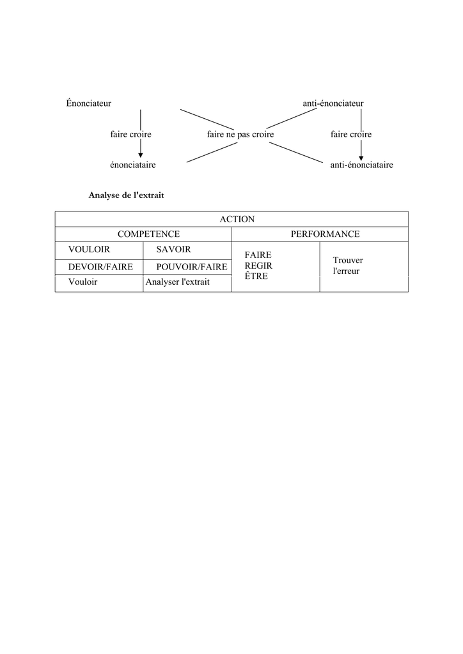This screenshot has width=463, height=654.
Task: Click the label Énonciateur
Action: pos(88,103)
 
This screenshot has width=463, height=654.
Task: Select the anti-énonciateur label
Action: pos(333,103)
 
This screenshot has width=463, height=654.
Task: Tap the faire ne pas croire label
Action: pos(240,134)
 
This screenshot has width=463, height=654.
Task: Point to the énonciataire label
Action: pos(133,165)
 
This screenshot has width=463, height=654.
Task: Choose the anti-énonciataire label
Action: pos(361,165)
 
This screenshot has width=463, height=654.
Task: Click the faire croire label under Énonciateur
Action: pos(130,134)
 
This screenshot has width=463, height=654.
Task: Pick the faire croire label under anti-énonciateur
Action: pos(351,134)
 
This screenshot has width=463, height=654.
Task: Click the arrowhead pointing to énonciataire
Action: pos(141,156)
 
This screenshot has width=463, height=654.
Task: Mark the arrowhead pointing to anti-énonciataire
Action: pos(361,158)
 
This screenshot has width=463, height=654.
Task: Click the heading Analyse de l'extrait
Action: pos(126,195)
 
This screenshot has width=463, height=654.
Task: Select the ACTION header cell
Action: pos(237,219)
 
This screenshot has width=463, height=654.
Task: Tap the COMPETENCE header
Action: pos(148,234)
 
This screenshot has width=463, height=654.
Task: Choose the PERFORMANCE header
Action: pos(326,234)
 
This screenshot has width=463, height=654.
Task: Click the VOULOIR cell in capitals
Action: pos(89,250)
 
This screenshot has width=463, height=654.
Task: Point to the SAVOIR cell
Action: pos(173,250)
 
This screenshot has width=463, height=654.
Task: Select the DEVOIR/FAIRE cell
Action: pos(100,267)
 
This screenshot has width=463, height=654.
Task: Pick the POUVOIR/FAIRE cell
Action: pos(192,267)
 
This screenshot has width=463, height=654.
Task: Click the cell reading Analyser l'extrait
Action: pos(177,282)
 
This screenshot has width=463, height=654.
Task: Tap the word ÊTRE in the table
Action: pos(256,276)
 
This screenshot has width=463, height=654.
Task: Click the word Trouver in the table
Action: pos(348,261)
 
